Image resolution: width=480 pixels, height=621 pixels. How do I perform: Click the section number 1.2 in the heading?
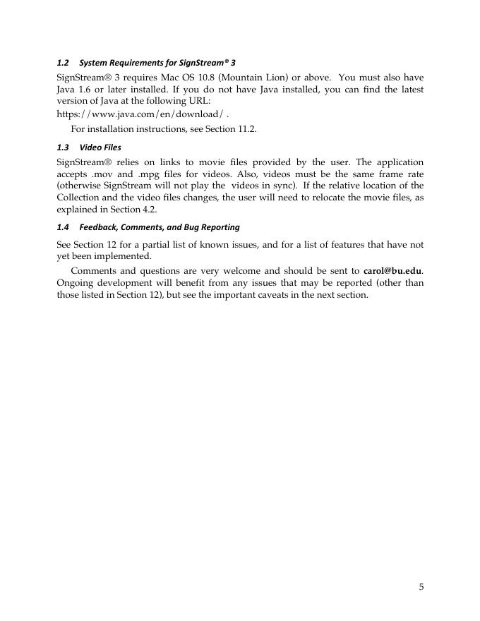point(62,63)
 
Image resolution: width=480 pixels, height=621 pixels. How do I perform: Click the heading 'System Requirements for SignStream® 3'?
point(157,63)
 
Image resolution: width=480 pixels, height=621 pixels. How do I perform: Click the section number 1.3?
point(62,147)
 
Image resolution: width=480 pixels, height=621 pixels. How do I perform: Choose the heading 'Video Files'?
point(100,147)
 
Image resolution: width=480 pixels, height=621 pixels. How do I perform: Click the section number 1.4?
point(62,227)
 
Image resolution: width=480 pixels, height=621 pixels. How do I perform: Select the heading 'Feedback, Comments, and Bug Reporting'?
point(160,227)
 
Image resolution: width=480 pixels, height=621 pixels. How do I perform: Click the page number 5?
point(421,587)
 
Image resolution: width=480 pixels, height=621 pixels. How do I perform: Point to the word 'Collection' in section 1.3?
point(79,198)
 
